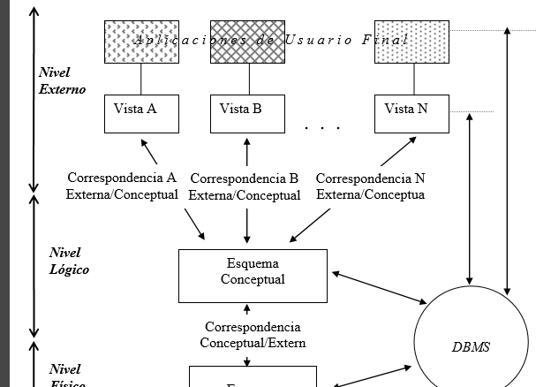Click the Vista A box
(x=141, y=113)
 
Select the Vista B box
(x=247, y=113)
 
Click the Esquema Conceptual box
(x=253, y=275)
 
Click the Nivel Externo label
(x=62, y=80)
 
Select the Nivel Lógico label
(x=69, y=262)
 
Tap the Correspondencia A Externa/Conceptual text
(x=122, y=186)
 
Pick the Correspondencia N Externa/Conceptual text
(x=371, y=186)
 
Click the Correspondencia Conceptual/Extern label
(x=253, y=335)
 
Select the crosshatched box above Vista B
(x=247, y=42)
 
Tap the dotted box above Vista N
(x=412, y=42)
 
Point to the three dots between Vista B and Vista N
(x=322, y=128)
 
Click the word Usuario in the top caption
(x=319, y=40)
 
